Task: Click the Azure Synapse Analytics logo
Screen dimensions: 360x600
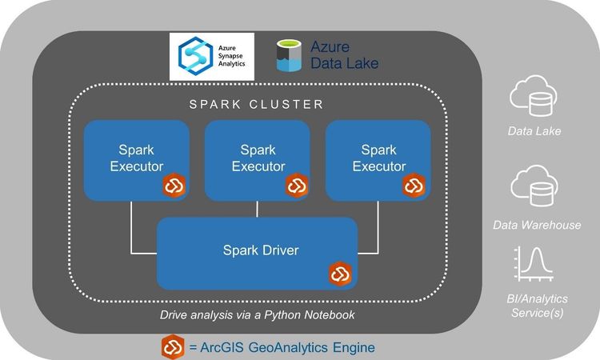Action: [x=211, y=56]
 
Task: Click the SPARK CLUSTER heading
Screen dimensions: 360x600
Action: [x=256, y=104]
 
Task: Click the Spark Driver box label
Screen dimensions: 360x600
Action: [x=260, y=250]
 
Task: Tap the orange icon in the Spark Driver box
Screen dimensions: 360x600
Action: [x=341, y=274]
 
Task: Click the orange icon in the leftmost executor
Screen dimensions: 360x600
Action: [x=174, y=186]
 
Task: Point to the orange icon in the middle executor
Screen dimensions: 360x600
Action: [x=297, y=186]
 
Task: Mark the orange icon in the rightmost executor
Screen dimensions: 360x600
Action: [x=414, y=186]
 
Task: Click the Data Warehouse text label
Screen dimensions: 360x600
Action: [x=537, y=225]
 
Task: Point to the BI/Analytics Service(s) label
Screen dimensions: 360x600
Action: [x=538, y=305]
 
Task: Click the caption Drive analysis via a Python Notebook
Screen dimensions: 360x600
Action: [x=257, y=315]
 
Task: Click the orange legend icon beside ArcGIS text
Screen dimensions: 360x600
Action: [x=173, y=347]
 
